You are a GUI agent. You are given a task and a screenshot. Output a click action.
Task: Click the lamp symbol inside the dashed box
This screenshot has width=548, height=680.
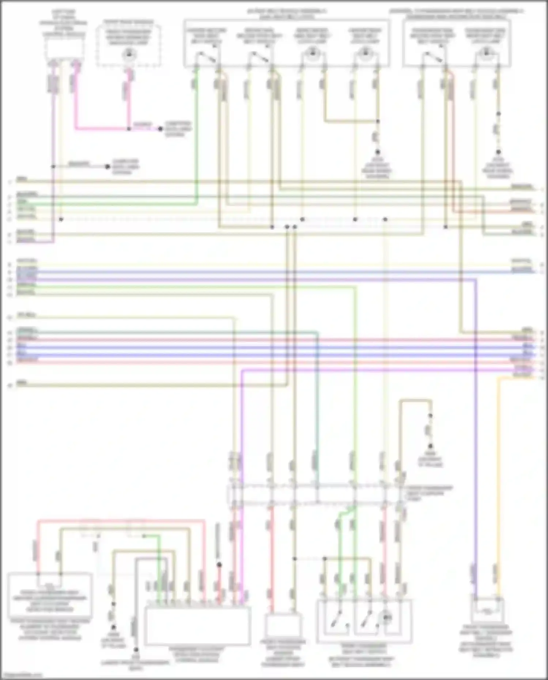[x=129, y=55]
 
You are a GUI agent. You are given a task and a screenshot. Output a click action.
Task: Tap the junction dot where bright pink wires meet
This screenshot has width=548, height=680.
[x=129, y=129]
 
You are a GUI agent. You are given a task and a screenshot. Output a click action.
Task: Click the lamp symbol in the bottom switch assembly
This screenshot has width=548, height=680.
[x=387, y=618]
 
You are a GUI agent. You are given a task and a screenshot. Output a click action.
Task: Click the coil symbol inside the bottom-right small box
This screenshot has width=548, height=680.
[x=487, y=610]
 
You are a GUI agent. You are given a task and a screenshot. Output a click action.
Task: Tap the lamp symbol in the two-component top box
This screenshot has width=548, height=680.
[x=485, y=54]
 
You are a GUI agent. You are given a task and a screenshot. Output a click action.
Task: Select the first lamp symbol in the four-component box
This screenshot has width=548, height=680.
[x=312, y=54]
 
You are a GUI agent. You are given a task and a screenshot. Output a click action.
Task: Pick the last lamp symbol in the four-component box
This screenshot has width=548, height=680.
[x=364, y=54]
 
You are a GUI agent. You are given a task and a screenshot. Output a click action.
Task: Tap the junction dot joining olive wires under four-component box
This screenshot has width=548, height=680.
[x=378, y=121]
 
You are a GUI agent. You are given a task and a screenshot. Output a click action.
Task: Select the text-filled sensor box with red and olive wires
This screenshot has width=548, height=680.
[x=50, y=594]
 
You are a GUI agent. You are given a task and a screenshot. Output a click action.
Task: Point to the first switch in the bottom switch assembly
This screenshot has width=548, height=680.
[x=337, y=619]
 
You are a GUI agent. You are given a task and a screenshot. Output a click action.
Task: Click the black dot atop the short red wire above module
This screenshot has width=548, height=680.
[x=219, y=565]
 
